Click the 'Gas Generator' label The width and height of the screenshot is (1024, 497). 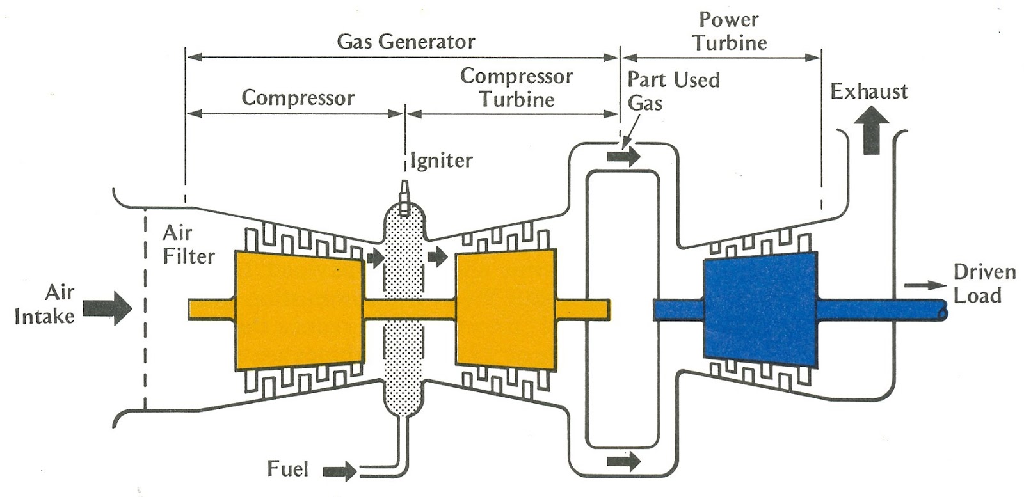click(406, 42)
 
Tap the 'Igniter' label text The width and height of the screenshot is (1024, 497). click(441, 161)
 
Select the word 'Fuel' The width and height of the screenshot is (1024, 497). click(287, 469)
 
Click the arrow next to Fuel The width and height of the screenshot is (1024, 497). click(340, 471)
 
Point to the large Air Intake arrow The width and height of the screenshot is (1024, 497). click(108, 308)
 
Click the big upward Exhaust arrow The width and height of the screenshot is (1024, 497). click(872, 130)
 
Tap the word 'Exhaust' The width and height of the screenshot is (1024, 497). click(869, 92)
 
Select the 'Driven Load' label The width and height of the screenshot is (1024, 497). click(984, 283)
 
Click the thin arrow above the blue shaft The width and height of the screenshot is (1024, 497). click(925, 286)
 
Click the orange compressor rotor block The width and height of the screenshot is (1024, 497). click(300, 310)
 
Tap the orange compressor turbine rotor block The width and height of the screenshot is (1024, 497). click(506, 308)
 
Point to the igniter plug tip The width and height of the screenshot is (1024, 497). click(404, 183)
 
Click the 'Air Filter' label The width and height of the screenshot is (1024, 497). click(188, 244)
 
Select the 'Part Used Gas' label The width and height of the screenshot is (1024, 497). click(673, 91)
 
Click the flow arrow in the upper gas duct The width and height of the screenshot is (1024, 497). click(623, 157)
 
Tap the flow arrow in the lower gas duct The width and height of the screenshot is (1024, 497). click(623, 462)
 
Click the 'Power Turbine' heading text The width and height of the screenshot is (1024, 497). click(730, 31)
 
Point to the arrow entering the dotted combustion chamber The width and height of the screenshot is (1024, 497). click(375, 258)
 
